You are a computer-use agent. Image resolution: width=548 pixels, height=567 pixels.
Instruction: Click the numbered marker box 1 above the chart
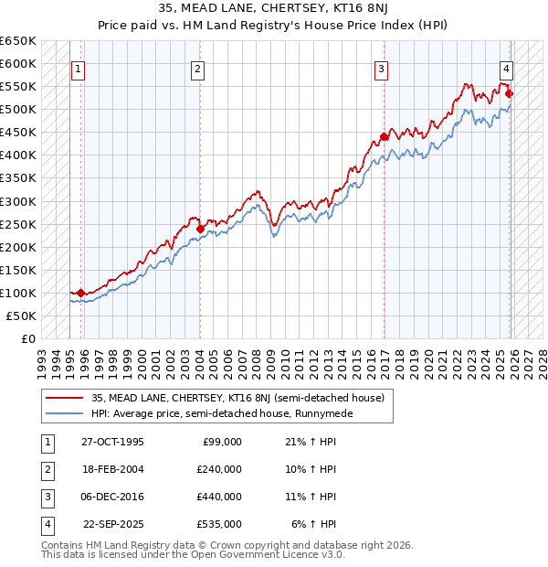pos(78,68)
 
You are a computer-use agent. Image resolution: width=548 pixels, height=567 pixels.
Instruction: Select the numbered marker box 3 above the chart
pos(381,68)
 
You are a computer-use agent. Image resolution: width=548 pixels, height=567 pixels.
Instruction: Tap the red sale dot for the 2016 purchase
pos(384,136)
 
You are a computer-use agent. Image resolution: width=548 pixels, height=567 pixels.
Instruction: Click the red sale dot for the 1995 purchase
pos(81,293)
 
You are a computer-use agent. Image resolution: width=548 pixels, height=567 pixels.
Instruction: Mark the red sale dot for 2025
pos(509,93)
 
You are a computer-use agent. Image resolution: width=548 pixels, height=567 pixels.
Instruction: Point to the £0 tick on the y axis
pos(27,338)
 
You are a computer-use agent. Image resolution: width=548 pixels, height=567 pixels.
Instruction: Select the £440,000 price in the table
pos(219,497)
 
